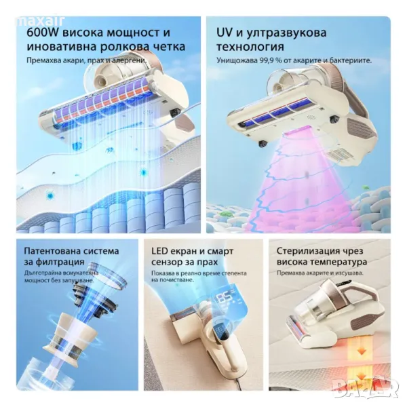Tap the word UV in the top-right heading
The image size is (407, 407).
click(x=224, y=33)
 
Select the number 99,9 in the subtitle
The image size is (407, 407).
click(x=267, y=60)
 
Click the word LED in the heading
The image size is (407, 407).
click(x=159, y=251)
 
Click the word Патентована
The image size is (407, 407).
click(x=48, y=251)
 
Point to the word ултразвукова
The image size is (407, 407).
click(x=286, y=33)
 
